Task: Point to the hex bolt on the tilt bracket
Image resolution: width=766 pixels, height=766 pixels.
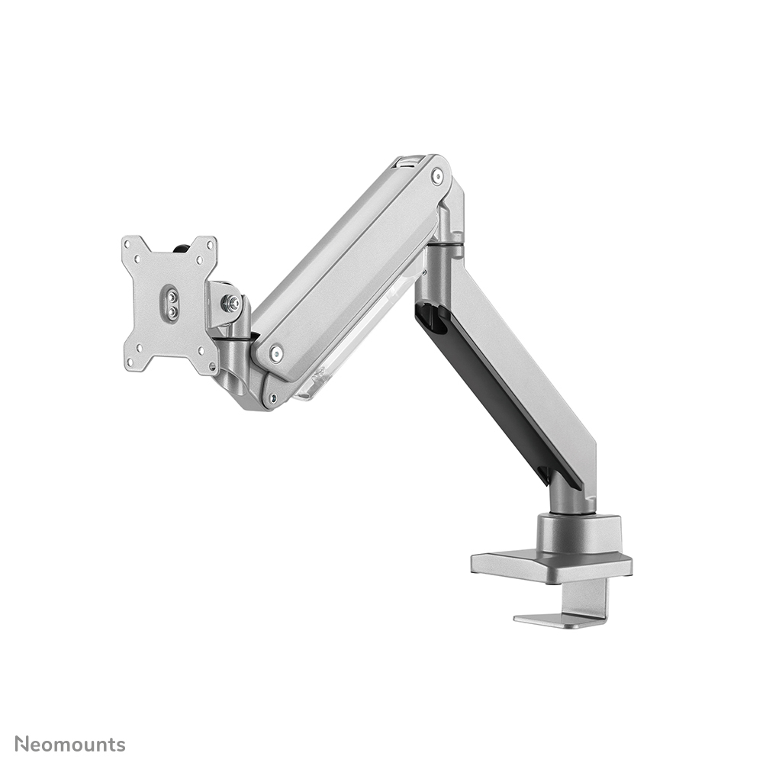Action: [230, 303]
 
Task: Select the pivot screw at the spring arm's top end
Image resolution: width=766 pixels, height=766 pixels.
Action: [436, 177]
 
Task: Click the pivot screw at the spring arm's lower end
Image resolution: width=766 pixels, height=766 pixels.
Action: [276, 352]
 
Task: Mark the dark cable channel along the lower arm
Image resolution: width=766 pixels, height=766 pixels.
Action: [488, 397]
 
